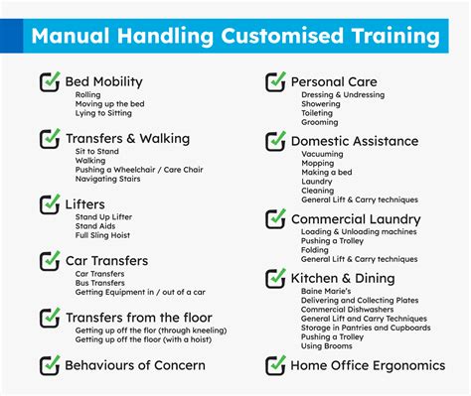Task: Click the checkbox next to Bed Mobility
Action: click(x=50, y=81)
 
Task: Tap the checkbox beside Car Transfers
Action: click(x=50, y=260)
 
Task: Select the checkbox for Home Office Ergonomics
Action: click(x=274, y=366)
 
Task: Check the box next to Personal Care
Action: click(x=274, y=81)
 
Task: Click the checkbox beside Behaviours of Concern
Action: click(x=50, y=366)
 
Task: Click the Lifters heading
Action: click(x=84, y=204)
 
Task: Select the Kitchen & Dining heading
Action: click(x=343, y=278)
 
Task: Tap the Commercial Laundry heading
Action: click(x=356, y=219)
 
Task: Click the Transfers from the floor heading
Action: click(x=139, y=318)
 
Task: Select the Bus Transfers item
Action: click(x=101, y=282)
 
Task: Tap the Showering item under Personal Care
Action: click(x=321, y=103)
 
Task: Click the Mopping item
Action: click(x=318, y=164)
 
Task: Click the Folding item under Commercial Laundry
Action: click(x=316, y=251)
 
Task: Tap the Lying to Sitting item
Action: click(x=103, y=113)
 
